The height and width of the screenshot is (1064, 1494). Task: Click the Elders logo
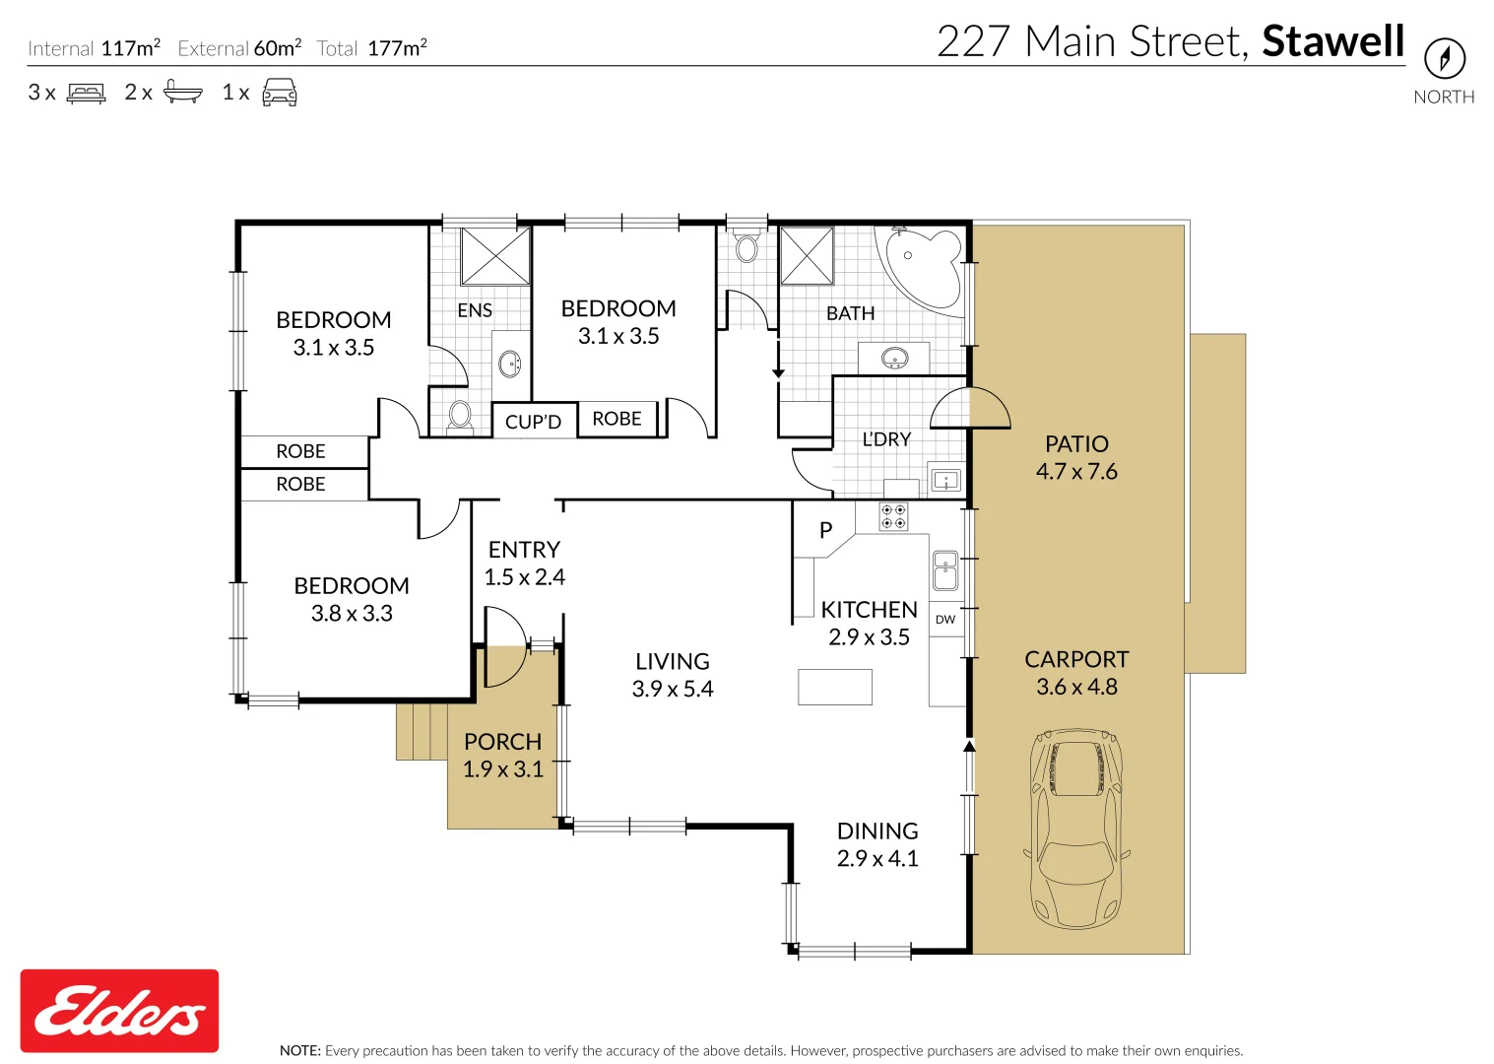pos(119,1011)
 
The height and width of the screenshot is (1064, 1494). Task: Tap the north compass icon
pos(1444,58)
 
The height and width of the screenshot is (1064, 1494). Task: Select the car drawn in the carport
pos(1075,828)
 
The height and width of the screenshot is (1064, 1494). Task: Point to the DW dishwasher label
pos(945,620)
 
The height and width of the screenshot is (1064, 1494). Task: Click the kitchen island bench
pos(834,687)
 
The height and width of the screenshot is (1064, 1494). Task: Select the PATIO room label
pos(1076,444)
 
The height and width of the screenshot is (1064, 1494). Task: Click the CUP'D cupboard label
pos(533,422)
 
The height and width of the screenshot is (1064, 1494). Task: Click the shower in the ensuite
pos(495,256)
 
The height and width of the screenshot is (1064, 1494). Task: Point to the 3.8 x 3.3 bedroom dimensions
pos(352,614)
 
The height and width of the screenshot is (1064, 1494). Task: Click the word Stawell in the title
pos(1332,41)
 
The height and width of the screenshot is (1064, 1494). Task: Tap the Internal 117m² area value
pos(130,47)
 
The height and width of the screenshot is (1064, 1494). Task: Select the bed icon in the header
pos(86,93)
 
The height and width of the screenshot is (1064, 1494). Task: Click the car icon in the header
pos(280,93)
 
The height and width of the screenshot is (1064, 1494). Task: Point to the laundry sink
pos(945,482)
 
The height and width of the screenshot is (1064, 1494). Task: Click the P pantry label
pos(825,530)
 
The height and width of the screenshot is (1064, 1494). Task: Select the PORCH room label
pos(502,742)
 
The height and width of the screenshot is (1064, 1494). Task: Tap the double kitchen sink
pos(945,569)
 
